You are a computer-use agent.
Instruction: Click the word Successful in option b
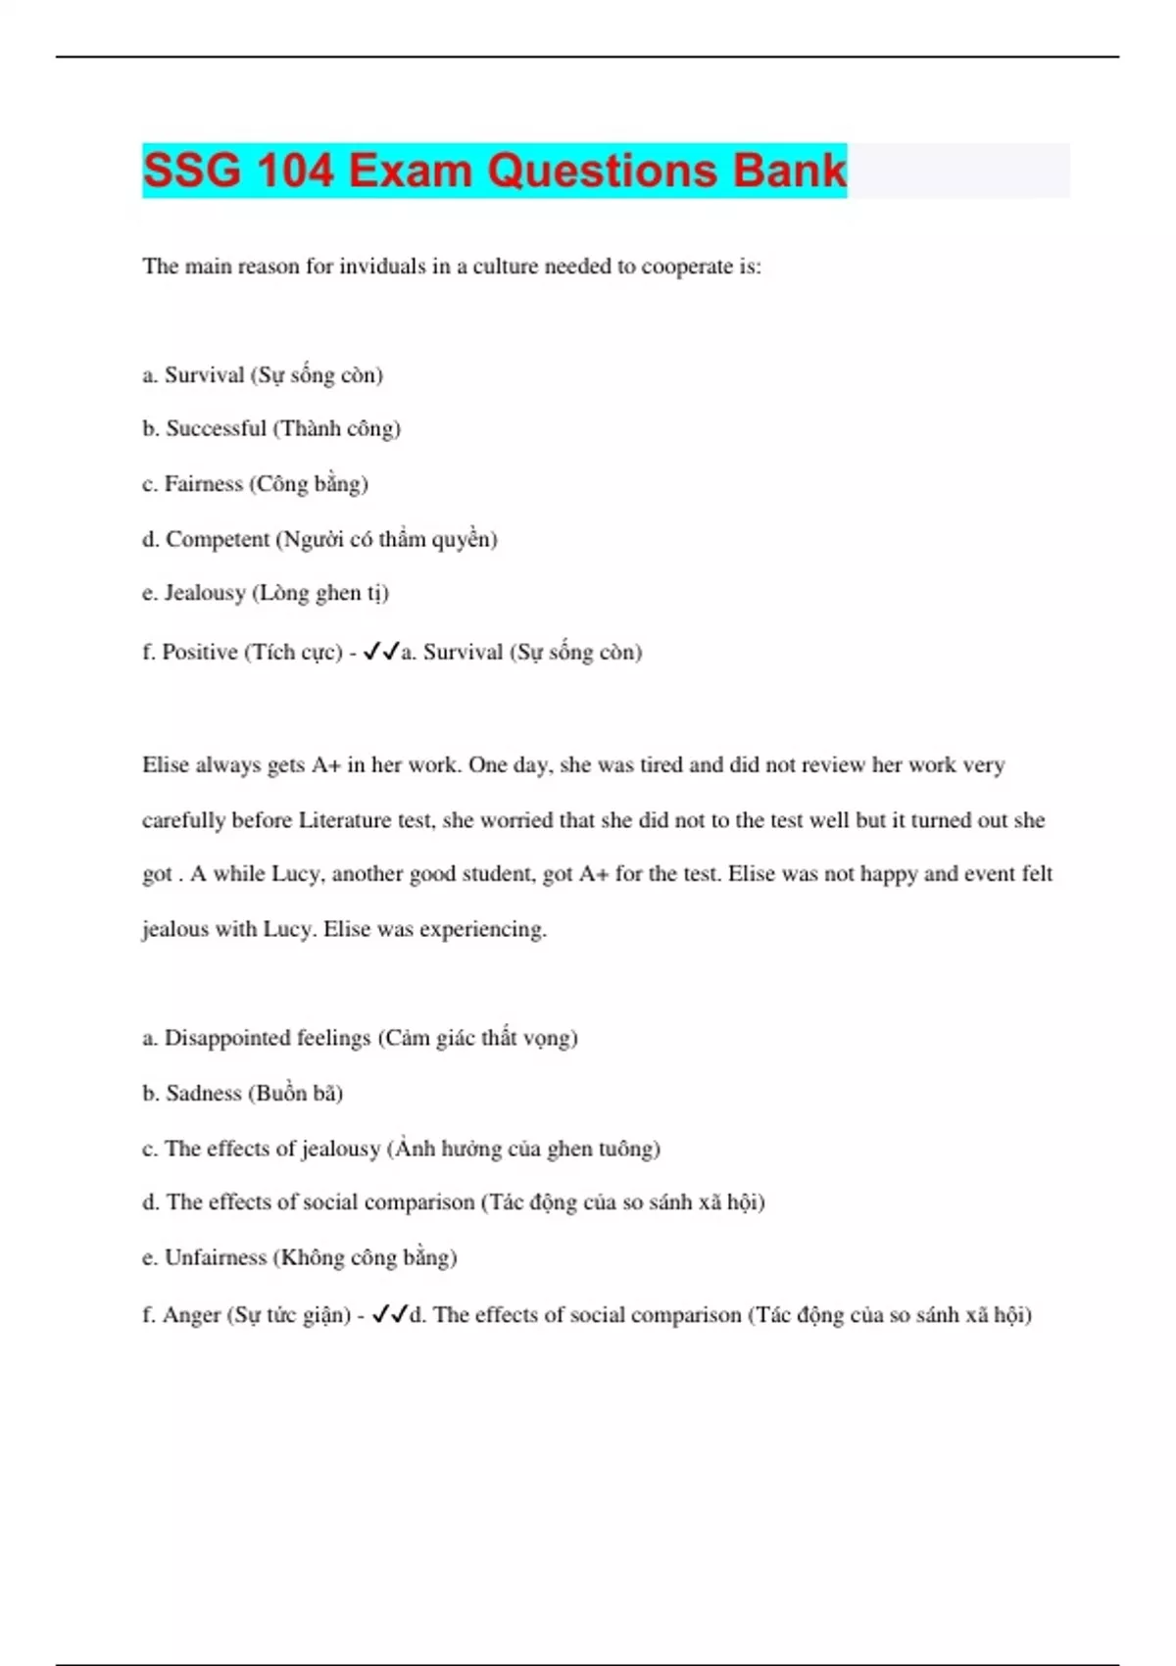[216, 428]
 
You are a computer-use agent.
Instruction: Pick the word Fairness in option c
[203, 484]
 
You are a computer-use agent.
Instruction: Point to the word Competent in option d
[218, 539]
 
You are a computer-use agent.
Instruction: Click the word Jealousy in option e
[205, 593]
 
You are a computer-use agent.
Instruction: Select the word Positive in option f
[199, 652]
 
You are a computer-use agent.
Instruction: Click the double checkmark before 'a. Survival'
[381, 651]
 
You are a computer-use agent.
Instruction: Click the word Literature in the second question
[345, 820]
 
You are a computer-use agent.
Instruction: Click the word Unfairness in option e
[215, 1257]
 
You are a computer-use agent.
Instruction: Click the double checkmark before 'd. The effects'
[390, 1314]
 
